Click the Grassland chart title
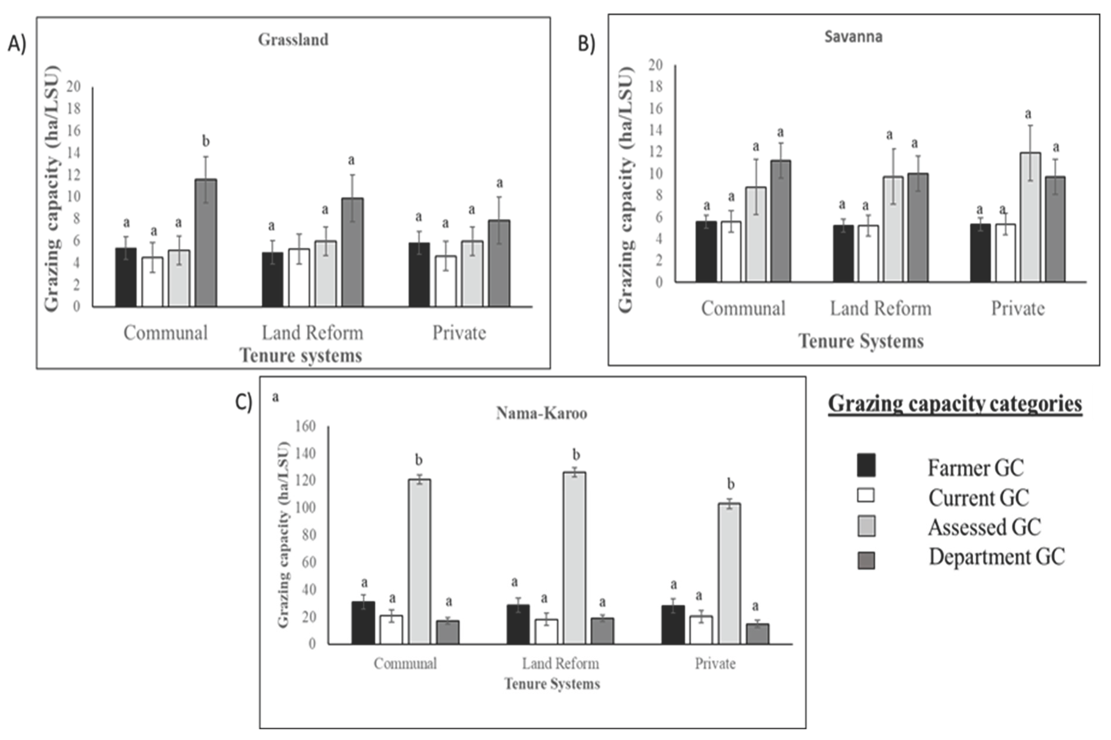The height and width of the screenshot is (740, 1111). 293,40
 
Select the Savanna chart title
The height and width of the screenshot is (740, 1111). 853,37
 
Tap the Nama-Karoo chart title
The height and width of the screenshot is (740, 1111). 541,414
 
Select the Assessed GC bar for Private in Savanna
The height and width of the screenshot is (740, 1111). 1030,217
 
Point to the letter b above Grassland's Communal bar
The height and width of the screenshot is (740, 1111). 206,141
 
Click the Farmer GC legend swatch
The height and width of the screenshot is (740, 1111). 866,465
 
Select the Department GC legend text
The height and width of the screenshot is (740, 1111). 996,557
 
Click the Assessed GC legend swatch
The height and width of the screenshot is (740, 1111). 866,526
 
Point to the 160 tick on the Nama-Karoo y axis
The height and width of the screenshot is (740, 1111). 305,426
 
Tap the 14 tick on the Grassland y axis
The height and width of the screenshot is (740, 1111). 74,153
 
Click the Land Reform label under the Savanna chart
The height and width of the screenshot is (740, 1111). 880,309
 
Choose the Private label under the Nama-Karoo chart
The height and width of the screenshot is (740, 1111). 715,663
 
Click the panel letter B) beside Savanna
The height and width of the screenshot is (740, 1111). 586,44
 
